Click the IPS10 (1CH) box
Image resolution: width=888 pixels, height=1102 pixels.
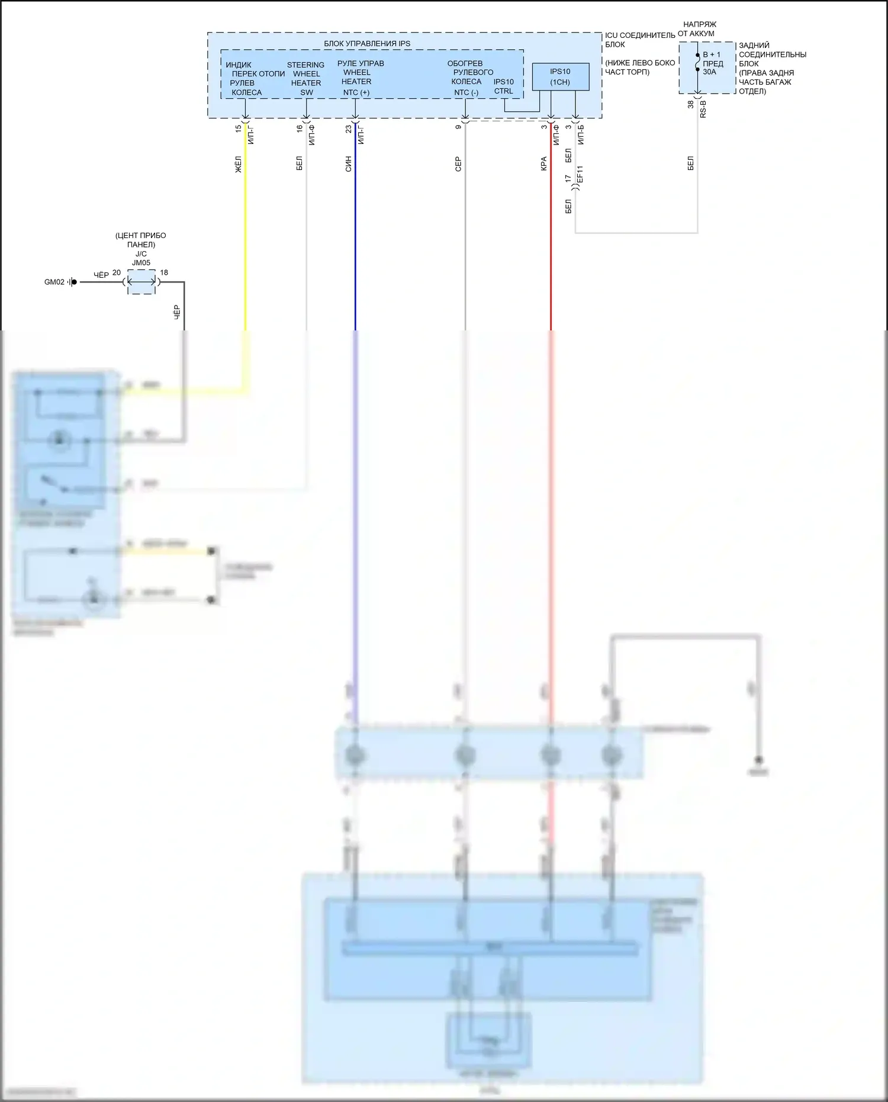(560, 77)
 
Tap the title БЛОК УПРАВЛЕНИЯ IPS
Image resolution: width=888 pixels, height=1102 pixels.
(367, 44)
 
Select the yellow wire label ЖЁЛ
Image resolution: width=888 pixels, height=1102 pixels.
(239, 164)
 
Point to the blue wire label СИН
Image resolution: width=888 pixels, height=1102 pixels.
(348, 164)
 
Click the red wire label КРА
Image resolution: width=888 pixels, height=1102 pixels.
(543, 164)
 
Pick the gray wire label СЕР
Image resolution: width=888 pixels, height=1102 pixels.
(458, 164)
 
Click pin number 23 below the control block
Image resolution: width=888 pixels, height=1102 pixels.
(349, 128)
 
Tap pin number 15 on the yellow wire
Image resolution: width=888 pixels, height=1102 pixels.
(239, 128)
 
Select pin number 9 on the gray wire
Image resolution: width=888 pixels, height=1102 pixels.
(458, 127)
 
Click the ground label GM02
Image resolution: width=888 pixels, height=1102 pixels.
(54, 282)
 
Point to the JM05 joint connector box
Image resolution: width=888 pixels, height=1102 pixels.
(141, 282)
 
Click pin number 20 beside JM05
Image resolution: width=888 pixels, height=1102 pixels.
(117, 273)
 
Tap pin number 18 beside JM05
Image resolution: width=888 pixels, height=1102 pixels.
(164, 273)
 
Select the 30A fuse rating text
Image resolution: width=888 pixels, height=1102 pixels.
(709, 72)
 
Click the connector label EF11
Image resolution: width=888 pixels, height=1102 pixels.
(580, 174)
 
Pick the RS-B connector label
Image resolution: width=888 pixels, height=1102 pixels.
(703, 108)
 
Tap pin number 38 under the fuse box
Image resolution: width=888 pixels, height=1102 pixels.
(691, 104)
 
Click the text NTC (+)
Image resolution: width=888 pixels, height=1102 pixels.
(356, 92)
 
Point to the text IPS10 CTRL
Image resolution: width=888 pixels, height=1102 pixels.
(504, 86)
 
